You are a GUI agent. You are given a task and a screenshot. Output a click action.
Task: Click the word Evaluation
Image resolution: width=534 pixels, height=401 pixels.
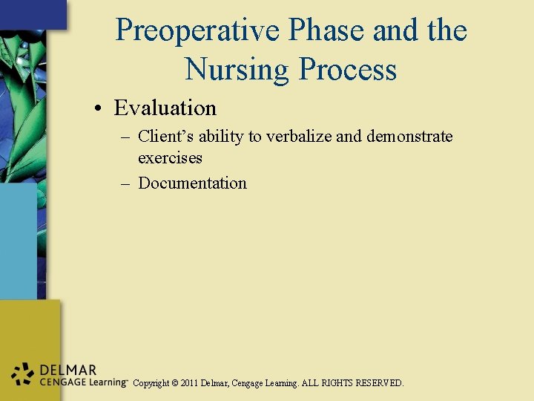coord(165,108)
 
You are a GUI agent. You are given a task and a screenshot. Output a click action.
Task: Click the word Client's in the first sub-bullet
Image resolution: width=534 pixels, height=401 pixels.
coord(165,137)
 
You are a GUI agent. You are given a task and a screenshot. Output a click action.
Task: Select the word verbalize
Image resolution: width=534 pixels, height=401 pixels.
coord(306,137)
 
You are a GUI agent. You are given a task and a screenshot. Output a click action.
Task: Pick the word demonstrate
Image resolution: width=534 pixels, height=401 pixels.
coord(409,137)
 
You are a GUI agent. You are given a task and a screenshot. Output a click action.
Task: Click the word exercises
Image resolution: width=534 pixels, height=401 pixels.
coord(170,158)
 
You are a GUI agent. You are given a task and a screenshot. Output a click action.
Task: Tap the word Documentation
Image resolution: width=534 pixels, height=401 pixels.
coord(192,183)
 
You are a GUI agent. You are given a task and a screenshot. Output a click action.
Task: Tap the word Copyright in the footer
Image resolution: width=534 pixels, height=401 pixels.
coord(151,383)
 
